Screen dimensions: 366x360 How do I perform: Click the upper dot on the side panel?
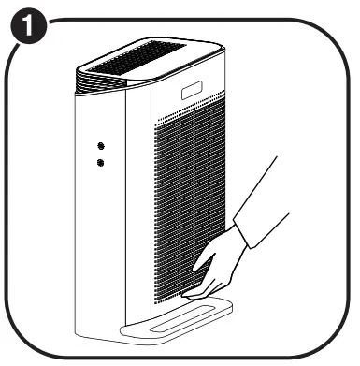point(100,146)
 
